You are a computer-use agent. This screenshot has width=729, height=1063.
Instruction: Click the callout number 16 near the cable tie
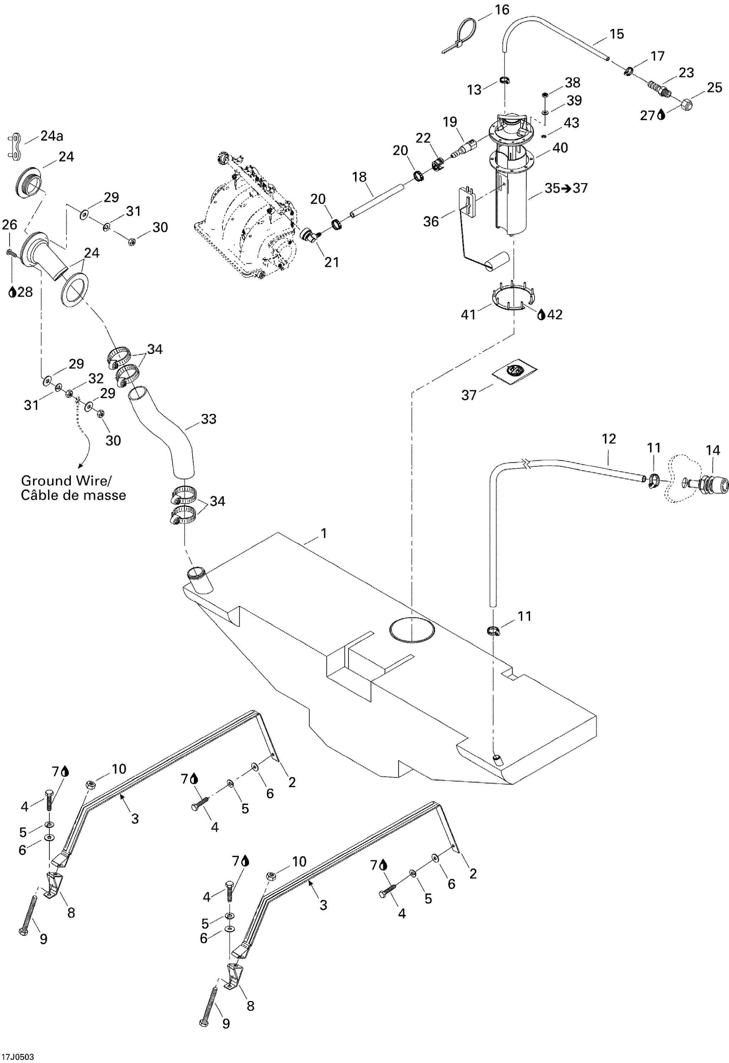[x=502, y=10]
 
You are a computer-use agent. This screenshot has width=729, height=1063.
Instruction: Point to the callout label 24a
[x=52, y=136]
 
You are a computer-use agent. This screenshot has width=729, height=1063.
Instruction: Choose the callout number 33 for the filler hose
[x=209, y=419]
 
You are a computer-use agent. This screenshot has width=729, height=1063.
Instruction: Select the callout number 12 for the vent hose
[x=609, y=439]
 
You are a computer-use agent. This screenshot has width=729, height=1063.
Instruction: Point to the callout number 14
[x=713, y=451]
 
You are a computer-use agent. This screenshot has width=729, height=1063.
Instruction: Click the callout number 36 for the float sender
[x=430, y=222]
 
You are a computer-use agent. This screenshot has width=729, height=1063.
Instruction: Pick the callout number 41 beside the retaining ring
[x=468, y=315]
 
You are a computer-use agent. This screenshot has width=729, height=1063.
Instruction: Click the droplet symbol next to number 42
[x=541, y=315]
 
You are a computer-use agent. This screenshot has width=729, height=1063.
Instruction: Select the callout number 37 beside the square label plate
[x=469, y=395]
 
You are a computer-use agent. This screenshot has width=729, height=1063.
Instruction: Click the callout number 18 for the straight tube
[x=359, y=177]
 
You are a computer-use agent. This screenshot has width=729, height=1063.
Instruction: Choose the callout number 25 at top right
[x=714, y=88]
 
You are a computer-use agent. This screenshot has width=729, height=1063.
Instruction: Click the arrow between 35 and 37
[x=566, y=189]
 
